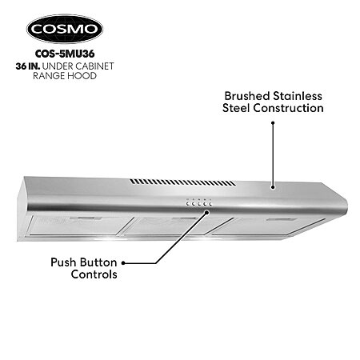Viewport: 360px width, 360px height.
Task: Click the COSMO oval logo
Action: click(65, 29)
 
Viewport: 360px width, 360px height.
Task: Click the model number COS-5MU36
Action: click(65, 54)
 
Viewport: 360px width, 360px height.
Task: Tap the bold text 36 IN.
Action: click(28, 66)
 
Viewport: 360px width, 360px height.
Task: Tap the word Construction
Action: click(288, 108)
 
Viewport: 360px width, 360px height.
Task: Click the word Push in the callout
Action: click(63, 262)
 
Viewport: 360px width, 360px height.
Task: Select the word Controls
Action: click(94, 274)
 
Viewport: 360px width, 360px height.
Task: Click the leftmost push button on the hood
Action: click(188, 204)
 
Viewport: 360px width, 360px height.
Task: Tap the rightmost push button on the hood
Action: click(210, 204)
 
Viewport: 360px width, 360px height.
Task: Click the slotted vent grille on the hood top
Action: click(182, 182)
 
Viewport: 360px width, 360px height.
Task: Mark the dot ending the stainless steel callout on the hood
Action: click(273, 187)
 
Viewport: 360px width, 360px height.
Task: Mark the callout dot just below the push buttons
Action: click(206, 212)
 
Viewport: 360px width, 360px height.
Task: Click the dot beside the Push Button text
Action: click(123, 263)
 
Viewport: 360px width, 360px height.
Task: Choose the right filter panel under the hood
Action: click(266, 226)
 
